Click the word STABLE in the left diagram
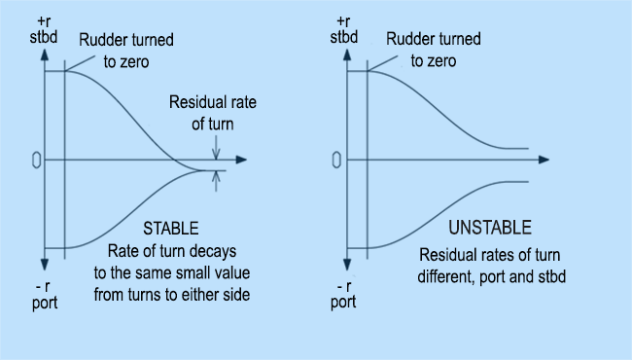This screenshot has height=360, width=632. pos(171,229)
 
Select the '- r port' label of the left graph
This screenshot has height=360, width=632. pos(44,295)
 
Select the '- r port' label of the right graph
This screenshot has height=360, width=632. pos(342,295)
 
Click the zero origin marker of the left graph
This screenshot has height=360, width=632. pos(35,160)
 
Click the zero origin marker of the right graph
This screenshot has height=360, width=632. pos(335,160)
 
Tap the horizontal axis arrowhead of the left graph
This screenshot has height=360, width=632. pos(241,160)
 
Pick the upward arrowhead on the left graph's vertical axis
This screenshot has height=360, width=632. pos(44,54)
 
